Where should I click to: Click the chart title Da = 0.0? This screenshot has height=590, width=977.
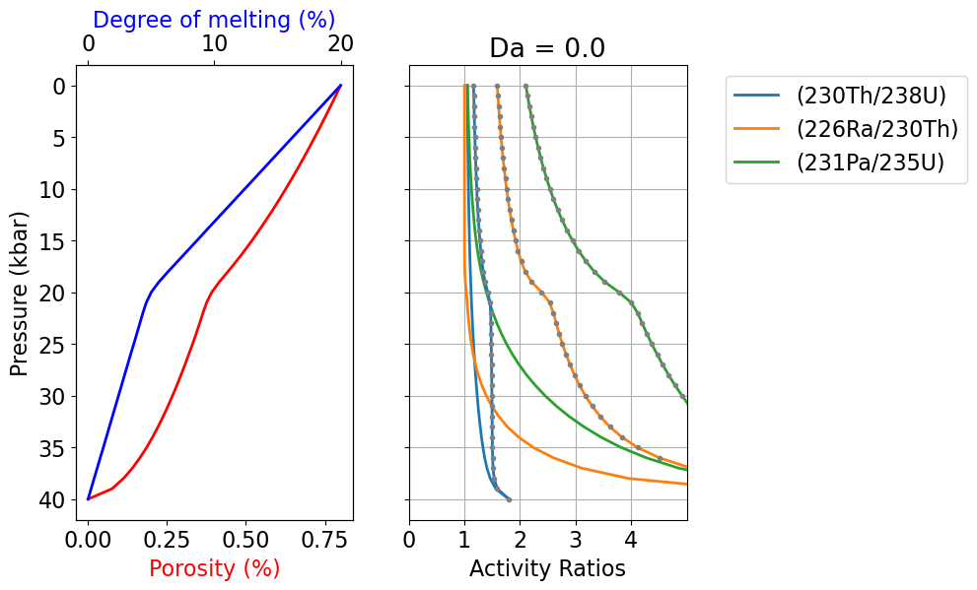(547, 48)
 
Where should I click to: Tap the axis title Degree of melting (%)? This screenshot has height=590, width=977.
(214, 19)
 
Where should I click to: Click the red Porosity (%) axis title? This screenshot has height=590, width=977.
(214, 568)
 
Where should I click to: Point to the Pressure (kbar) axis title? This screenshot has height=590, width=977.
(19, 293)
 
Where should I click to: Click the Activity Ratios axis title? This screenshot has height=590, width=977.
(547, 568)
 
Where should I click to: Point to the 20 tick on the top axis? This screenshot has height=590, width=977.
(340, 45)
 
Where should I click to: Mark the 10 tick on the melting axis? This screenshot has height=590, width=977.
(214, 45)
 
